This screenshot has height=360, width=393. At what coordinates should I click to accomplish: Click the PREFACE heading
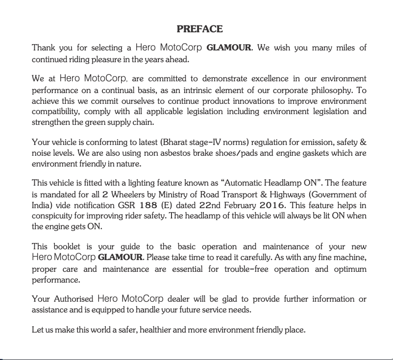(199, 29)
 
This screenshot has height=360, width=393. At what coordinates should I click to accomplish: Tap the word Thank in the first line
(43, 48)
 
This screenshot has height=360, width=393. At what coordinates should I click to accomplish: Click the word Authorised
(74, 299)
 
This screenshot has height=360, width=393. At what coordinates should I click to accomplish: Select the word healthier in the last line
(159, 330)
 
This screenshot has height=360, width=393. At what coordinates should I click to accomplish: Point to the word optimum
(350, 269)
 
